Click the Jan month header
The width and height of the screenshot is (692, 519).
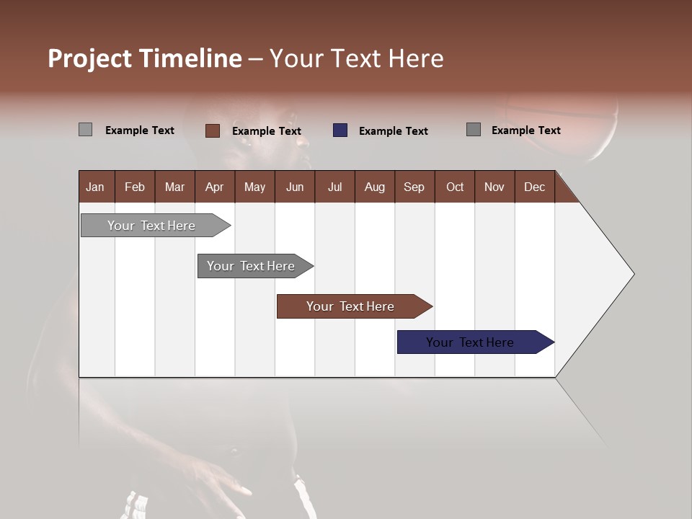(95, 187)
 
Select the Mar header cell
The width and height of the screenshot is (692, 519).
(174, 187)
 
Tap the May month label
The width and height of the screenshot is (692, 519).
(254, 187)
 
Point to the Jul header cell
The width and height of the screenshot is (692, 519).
(334, 187)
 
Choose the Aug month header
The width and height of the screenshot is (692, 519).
(374, 187)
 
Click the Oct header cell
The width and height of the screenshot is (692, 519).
(454, 187)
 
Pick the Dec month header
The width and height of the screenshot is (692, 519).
(534, 187)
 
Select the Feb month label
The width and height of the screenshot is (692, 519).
(135, 187)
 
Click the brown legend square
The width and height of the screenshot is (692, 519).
(212, 130)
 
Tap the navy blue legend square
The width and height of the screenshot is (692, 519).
(340, 130)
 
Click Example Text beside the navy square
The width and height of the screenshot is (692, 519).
(393, 131)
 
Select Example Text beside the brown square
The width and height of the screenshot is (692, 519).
(266, 131)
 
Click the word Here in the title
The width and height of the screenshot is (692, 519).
(416, 58)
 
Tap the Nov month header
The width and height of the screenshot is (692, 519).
(494, 187)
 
